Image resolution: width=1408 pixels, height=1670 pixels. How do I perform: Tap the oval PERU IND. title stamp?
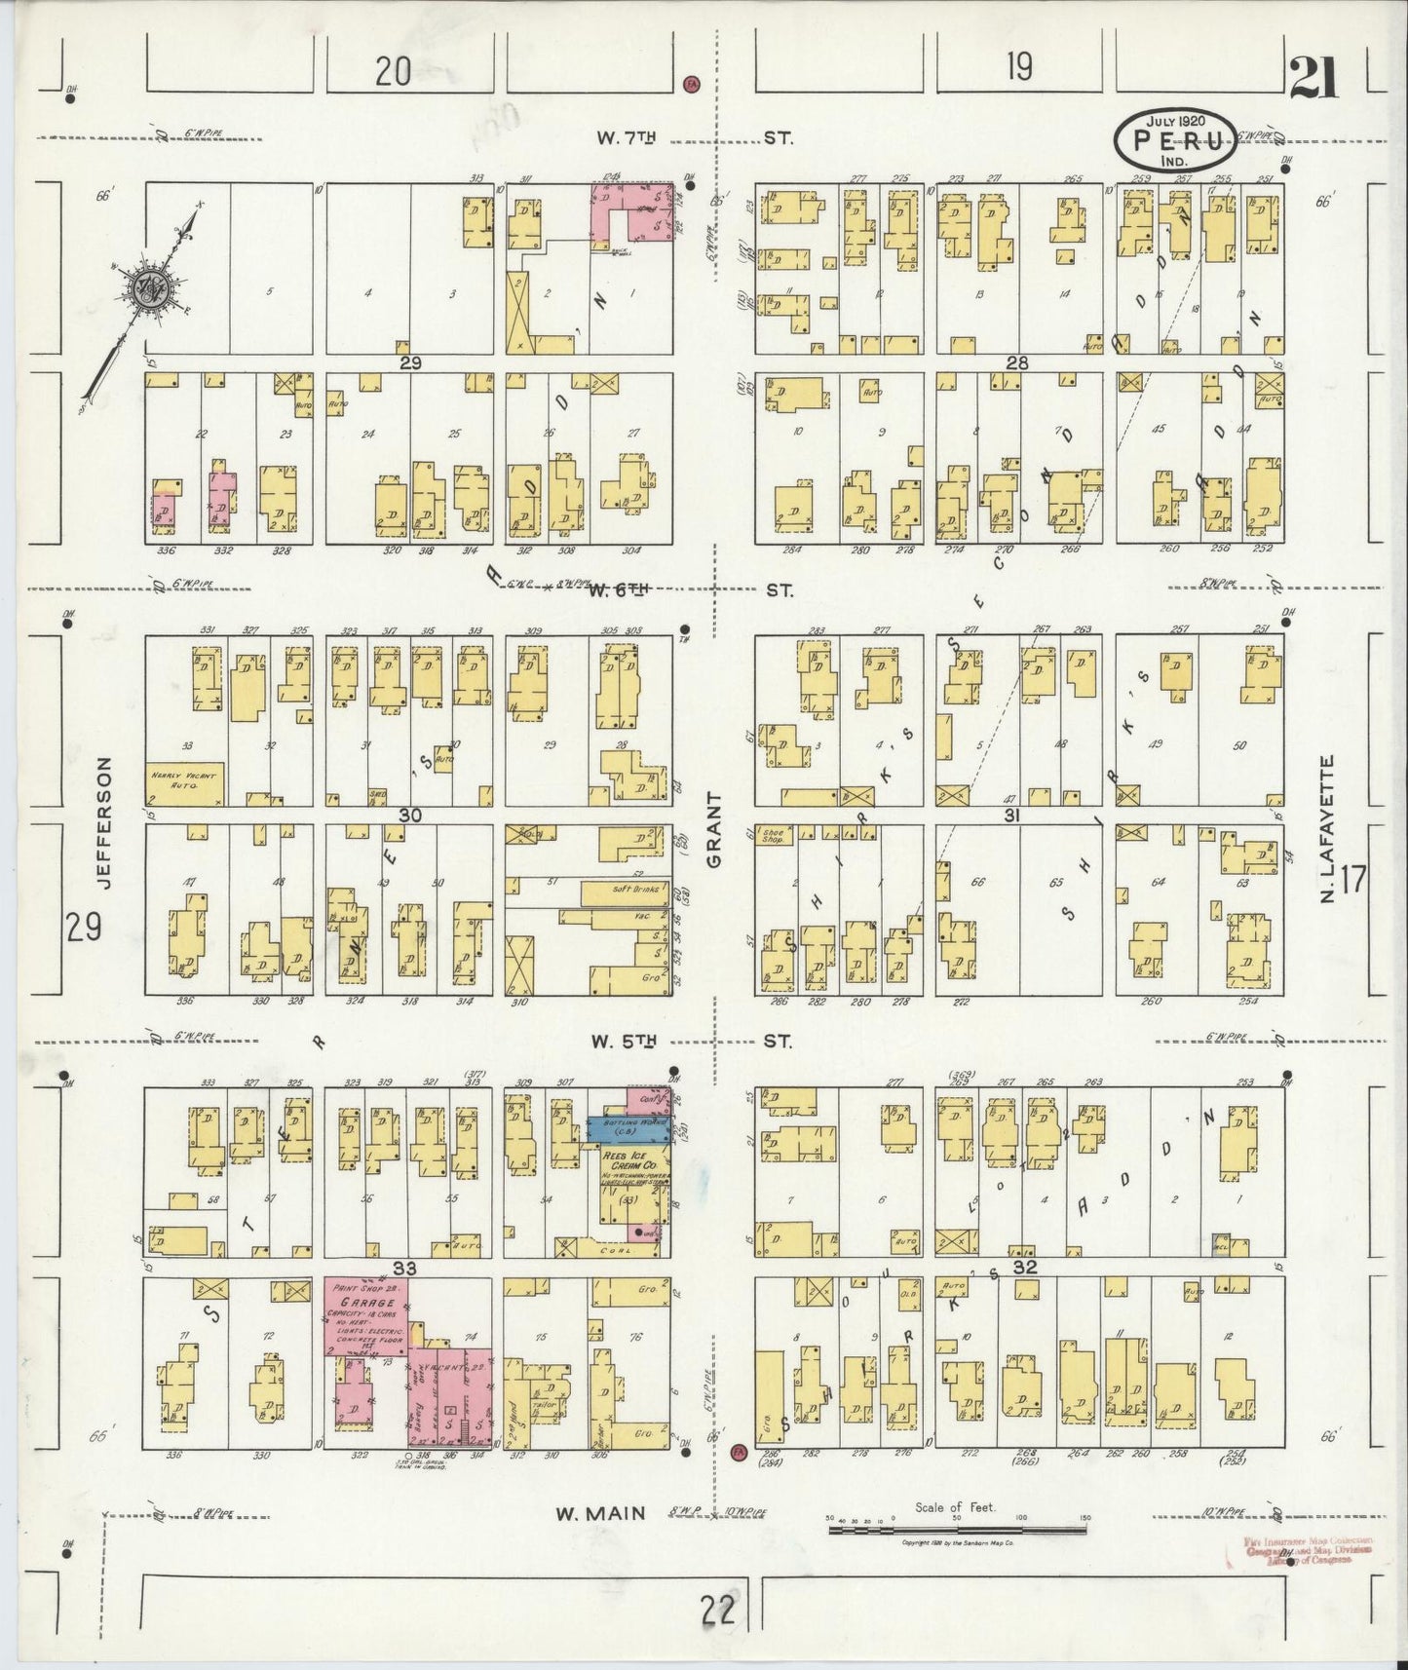point(1176,140)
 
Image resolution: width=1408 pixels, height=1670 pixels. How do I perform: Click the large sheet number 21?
point(1313,78)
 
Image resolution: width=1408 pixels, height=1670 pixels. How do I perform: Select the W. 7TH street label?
point(625,138)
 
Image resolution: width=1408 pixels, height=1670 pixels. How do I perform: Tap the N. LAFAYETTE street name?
point(1327,828)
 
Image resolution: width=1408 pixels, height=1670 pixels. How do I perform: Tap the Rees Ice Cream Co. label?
point(633,1164)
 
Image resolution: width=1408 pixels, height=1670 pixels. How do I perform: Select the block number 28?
point(1017,362)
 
